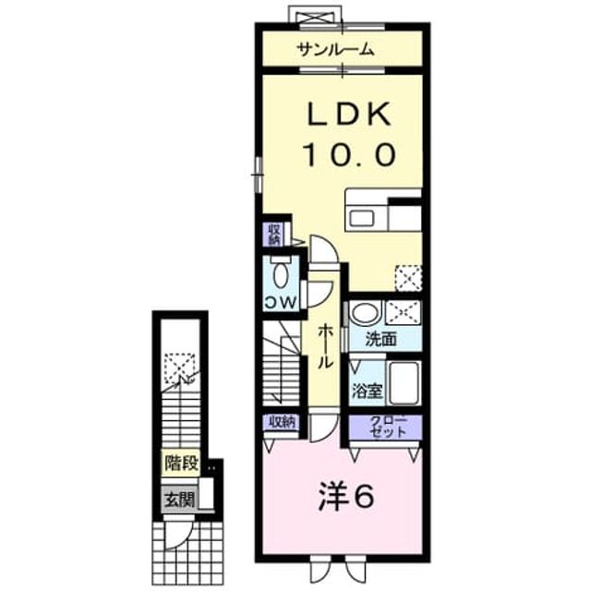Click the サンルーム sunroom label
point(335,50)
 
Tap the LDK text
point(349,115)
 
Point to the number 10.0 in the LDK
point(350,154)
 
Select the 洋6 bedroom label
point(345,497)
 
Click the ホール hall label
point(325,347)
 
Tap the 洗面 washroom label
point(380,340)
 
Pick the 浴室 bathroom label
point(368,391)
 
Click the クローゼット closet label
point(388,427)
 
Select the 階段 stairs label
point(181,463)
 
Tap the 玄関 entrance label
point(179,501)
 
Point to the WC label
point(281,302)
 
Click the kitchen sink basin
point(361,218)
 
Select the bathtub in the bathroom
point(404,382)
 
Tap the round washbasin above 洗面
point(365,312)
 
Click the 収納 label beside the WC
point(274,235)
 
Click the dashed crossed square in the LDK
point(408,278)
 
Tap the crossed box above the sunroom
point(315,18)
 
